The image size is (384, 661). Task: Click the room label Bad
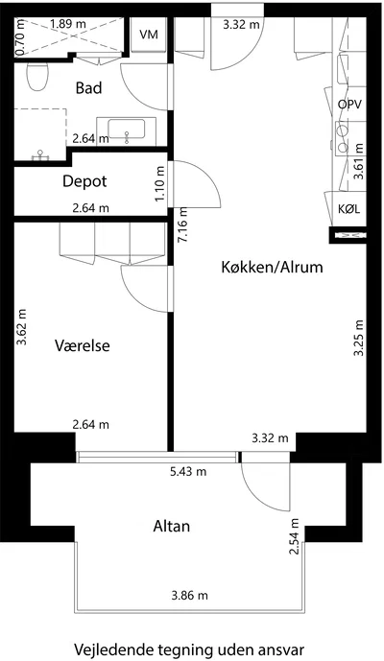[x=88, y=88]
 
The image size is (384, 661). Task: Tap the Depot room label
[x=84, y=181]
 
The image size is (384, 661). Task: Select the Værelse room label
[x=83, y=345]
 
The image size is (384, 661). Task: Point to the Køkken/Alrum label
[x=273, y=268]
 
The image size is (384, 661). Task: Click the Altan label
[x=171, y=527]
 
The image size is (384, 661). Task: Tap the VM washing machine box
[x=149, y=35]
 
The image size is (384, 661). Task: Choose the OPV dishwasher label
[x=349, y=105]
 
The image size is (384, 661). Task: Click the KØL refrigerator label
[x=349, y=209]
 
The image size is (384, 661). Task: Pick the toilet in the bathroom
[x=37, y=77]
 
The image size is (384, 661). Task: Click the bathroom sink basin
[x=126, y=129]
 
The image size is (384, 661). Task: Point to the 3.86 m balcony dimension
[x=189, y=596]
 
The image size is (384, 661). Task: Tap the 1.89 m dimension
[x=68, y=24]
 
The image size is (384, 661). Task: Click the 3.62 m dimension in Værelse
[x=21, y=327]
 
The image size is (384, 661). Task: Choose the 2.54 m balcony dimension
[x=295, y=536]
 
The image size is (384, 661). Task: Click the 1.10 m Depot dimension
[x=159, y=183]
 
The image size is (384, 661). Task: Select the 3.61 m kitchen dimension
[x=358, y=161]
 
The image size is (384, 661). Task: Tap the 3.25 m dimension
[x=358, y=338]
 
